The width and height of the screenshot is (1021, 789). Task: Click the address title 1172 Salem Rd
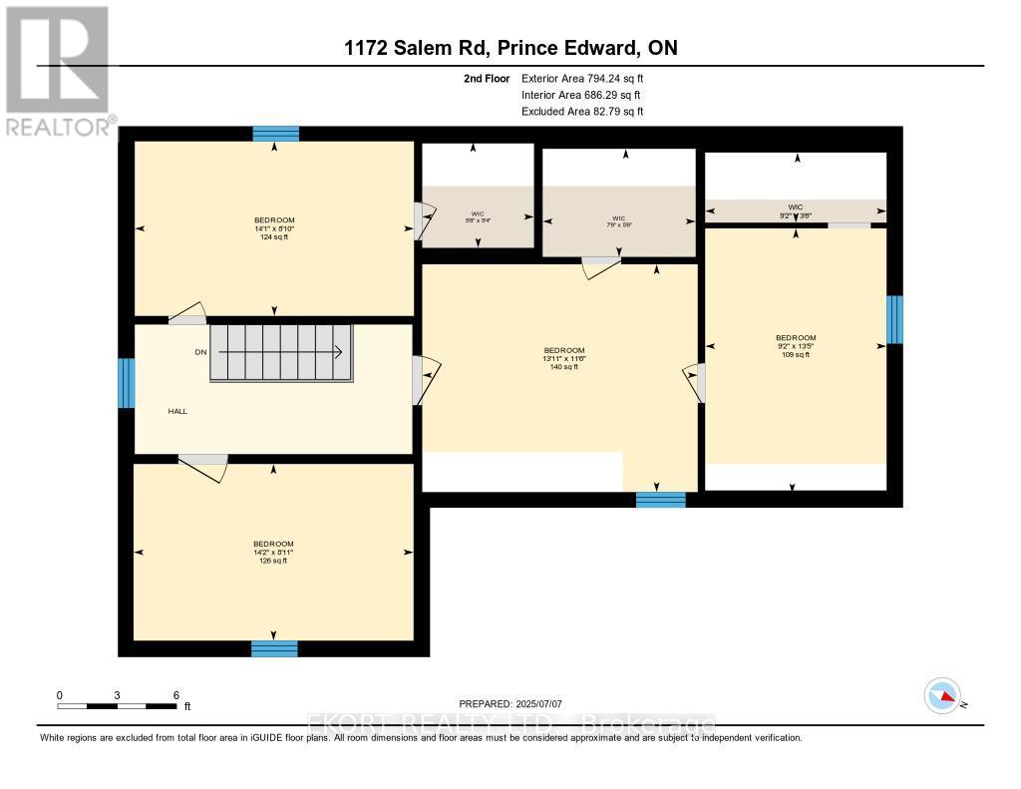tap(510, 48)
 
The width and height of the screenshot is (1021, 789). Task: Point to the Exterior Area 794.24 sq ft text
tap(589, 78)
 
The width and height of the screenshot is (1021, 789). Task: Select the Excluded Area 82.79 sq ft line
tap(582, 112)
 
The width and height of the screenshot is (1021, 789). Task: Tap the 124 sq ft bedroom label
tap(274, 228)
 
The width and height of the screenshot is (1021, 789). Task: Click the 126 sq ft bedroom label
tap(273, 552)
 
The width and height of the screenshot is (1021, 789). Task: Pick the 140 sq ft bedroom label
tap(564, 358)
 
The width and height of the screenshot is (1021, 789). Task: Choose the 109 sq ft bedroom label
tap(796, 345)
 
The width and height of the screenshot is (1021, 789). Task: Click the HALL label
tap(177, 410)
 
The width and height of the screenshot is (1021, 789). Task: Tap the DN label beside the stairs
tap(200, 351)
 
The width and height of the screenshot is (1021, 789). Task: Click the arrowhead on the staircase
tap(339, 351)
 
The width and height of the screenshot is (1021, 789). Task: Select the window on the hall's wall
tap(126, 383)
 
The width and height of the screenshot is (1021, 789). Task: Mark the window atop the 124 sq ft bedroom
tap(275, 134)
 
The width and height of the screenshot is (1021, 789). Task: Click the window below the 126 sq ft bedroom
tap(274, 648)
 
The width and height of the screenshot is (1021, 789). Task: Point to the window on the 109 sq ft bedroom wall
tap(894, 319)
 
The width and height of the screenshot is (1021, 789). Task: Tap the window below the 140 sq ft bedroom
tap(661, 500)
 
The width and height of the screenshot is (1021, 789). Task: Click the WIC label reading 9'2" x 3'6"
tap(795, 210)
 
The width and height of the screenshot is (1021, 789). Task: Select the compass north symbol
tap(942, 695)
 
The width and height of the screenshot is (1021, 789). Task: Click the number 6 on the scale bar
tap(175, 694)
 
